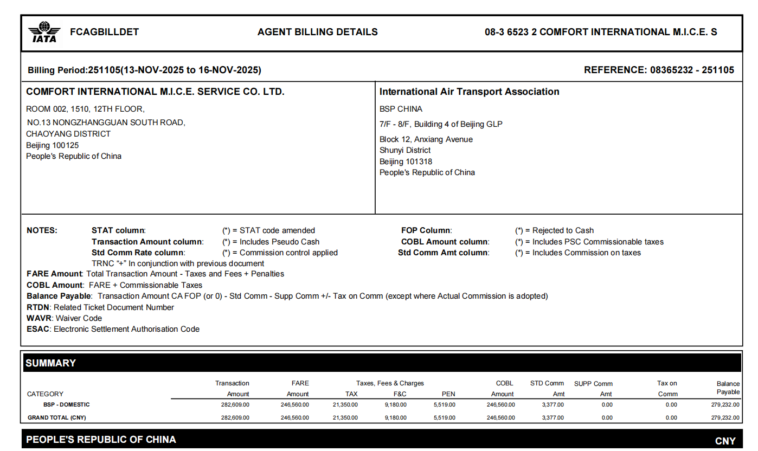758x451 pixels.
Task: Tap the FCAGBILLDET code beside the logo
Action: pyautogui.click(x=105, y=32)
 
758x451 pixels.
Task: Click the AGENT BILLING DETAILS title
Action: pyautogui.click(x=318, y=32)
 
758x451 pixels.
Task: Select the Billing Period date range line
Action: pyautogui.click(x=144, y=70)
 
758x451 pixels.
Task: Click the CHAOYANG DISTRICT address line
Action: pyautogui.click(x=68, y=134)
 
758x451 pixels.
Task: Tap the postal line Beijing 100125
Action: pyautogui.click(x=52, y=145)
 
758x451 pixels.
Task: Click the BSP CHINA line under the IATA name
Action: pyautogui.click(x=401, y=109)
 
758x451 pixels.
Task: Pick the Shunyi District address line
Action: pyautogui.click(x=405, y=150)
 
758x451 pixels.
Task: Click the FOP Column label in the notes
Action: pyautogui.click(x=426, y=230)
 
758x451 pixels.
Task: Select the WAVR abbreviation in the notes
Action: pyautogui.click(x=38, y=318)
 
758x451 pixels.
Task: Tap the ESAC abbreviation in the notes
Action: pyautogui.click(x=37, y=329)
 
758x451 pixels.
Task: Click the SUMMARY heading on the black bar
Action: pyautogui.click(x=51, y=363)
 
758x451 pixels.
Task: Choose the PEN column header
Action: pyautogui.click(x=448, y=394)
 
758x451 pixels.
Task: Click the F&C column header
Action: pyautogui.click(x=400, y=394)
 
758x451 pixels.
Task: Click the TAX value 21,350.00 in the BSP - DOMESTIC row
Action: pyautogui.click(x=345, y=404)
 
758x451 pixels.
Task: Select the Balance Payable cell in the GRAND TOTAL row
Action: pyautogui.click(x=725, y=417)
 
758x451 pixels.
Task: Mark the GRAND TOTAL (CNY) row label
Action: pyautogui.click(x=57, y=417)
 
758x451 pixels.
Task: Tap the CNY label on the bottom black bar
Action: pyautogui.click(x=725, y=441)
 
